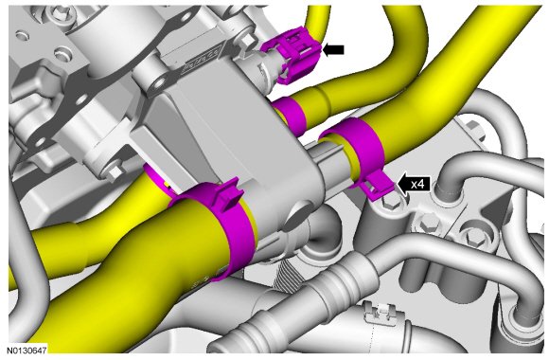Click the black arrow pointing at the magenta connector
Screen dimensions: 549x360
click(333, 50)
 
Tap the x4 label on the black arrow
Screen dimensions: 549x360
click(418, 184)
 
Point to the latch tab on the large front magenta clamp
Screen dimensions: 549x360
click(228, 194)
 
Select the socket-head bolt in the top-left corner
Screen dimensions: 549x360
click(63, 13)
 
